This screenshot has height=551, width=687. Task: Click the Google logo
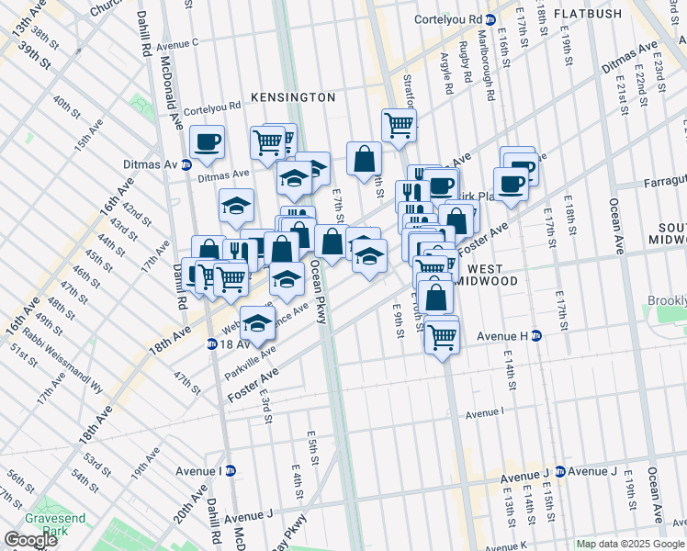point(30,540)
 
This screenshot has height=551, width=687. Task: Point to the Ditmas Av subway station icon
point(186,165)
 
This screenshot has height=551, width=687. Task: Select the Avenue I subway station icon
point(231,471)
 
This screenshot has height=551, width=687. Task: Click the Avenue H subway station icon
point(536,336)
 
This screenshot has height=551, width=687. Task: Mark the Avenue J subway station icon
point(559,472)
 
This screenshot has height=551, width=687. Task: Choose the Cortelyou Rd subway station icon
point(491,19)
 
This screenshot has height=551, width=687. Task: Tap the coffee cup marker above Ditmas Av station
point(207,141)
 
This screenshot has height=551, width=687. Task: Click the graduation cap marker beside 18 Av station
point(258,323)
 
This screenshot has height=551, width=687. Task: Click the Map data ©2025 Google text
point(630,544)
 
